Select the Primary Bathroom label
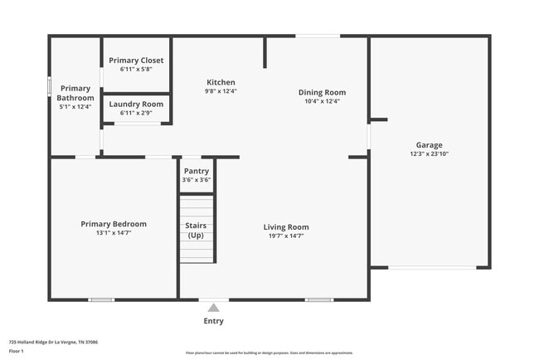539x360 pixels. (75, 93)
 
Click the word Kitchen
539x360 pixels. (221, 82)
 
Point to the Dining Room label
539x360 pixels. (323, 92)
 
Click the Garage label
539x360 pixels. (429, 144)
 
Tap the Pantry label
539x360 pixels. (197, 171)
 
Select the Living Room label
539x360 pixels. (286, 227)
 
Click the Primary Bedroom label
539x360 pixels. (114, 224)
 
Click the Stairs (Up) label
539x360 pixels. (197, 231)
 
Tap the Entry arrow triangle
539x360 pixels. (213, 308)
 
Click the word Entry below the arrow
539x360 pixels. (213, 321)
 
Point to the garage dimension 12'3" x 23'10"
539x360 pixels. (429, 153)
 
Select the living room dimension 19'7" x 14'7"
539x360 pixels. (286, 236)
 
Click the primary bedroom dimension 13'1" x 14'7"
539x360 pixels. (114, 233)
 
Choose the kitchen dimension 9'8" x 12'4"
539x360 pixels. (221, 91)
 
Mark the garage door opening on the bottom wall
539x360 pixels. (432, 267)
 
